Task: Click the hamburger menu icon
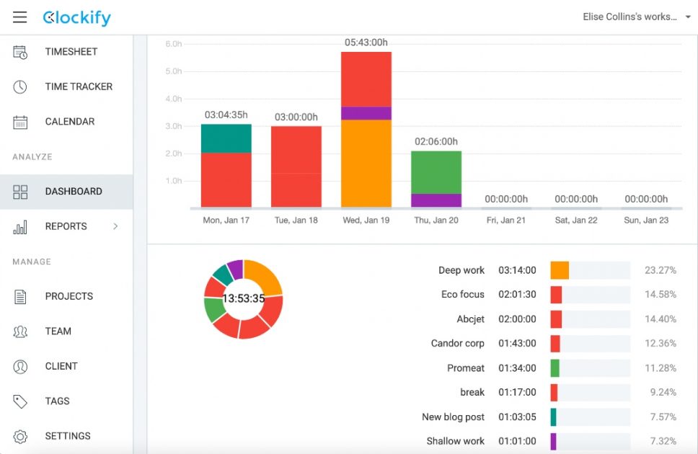[19, 17]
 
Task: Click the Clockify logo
[76, 18]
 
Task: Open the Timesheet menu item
[71, 52]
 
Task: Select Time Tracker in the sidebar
[79, 86]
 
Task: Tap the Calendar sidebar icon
[20, 122]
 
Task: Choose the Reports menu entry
[66, 226]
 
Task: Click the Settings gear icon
[20, 436]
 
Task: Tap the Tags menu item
[58, 401]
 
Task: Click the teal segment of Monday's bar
[226, 138]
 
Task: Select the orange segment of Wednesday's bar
[366, 164]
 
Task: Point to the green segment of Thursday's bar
[436, 172]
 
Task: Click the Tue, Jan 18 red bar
[296, 167]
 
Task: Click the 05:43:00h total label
[366, 43]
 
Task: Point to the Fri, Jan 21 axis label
[506, 220]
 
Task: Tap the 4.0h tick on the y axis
[174, 99]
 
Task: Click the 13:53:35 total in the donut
[244, 298]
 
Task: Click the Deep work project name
[461, 270]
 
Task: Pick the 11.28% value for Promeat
[661, 368]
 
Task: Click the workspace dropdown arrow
[688, 17]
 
